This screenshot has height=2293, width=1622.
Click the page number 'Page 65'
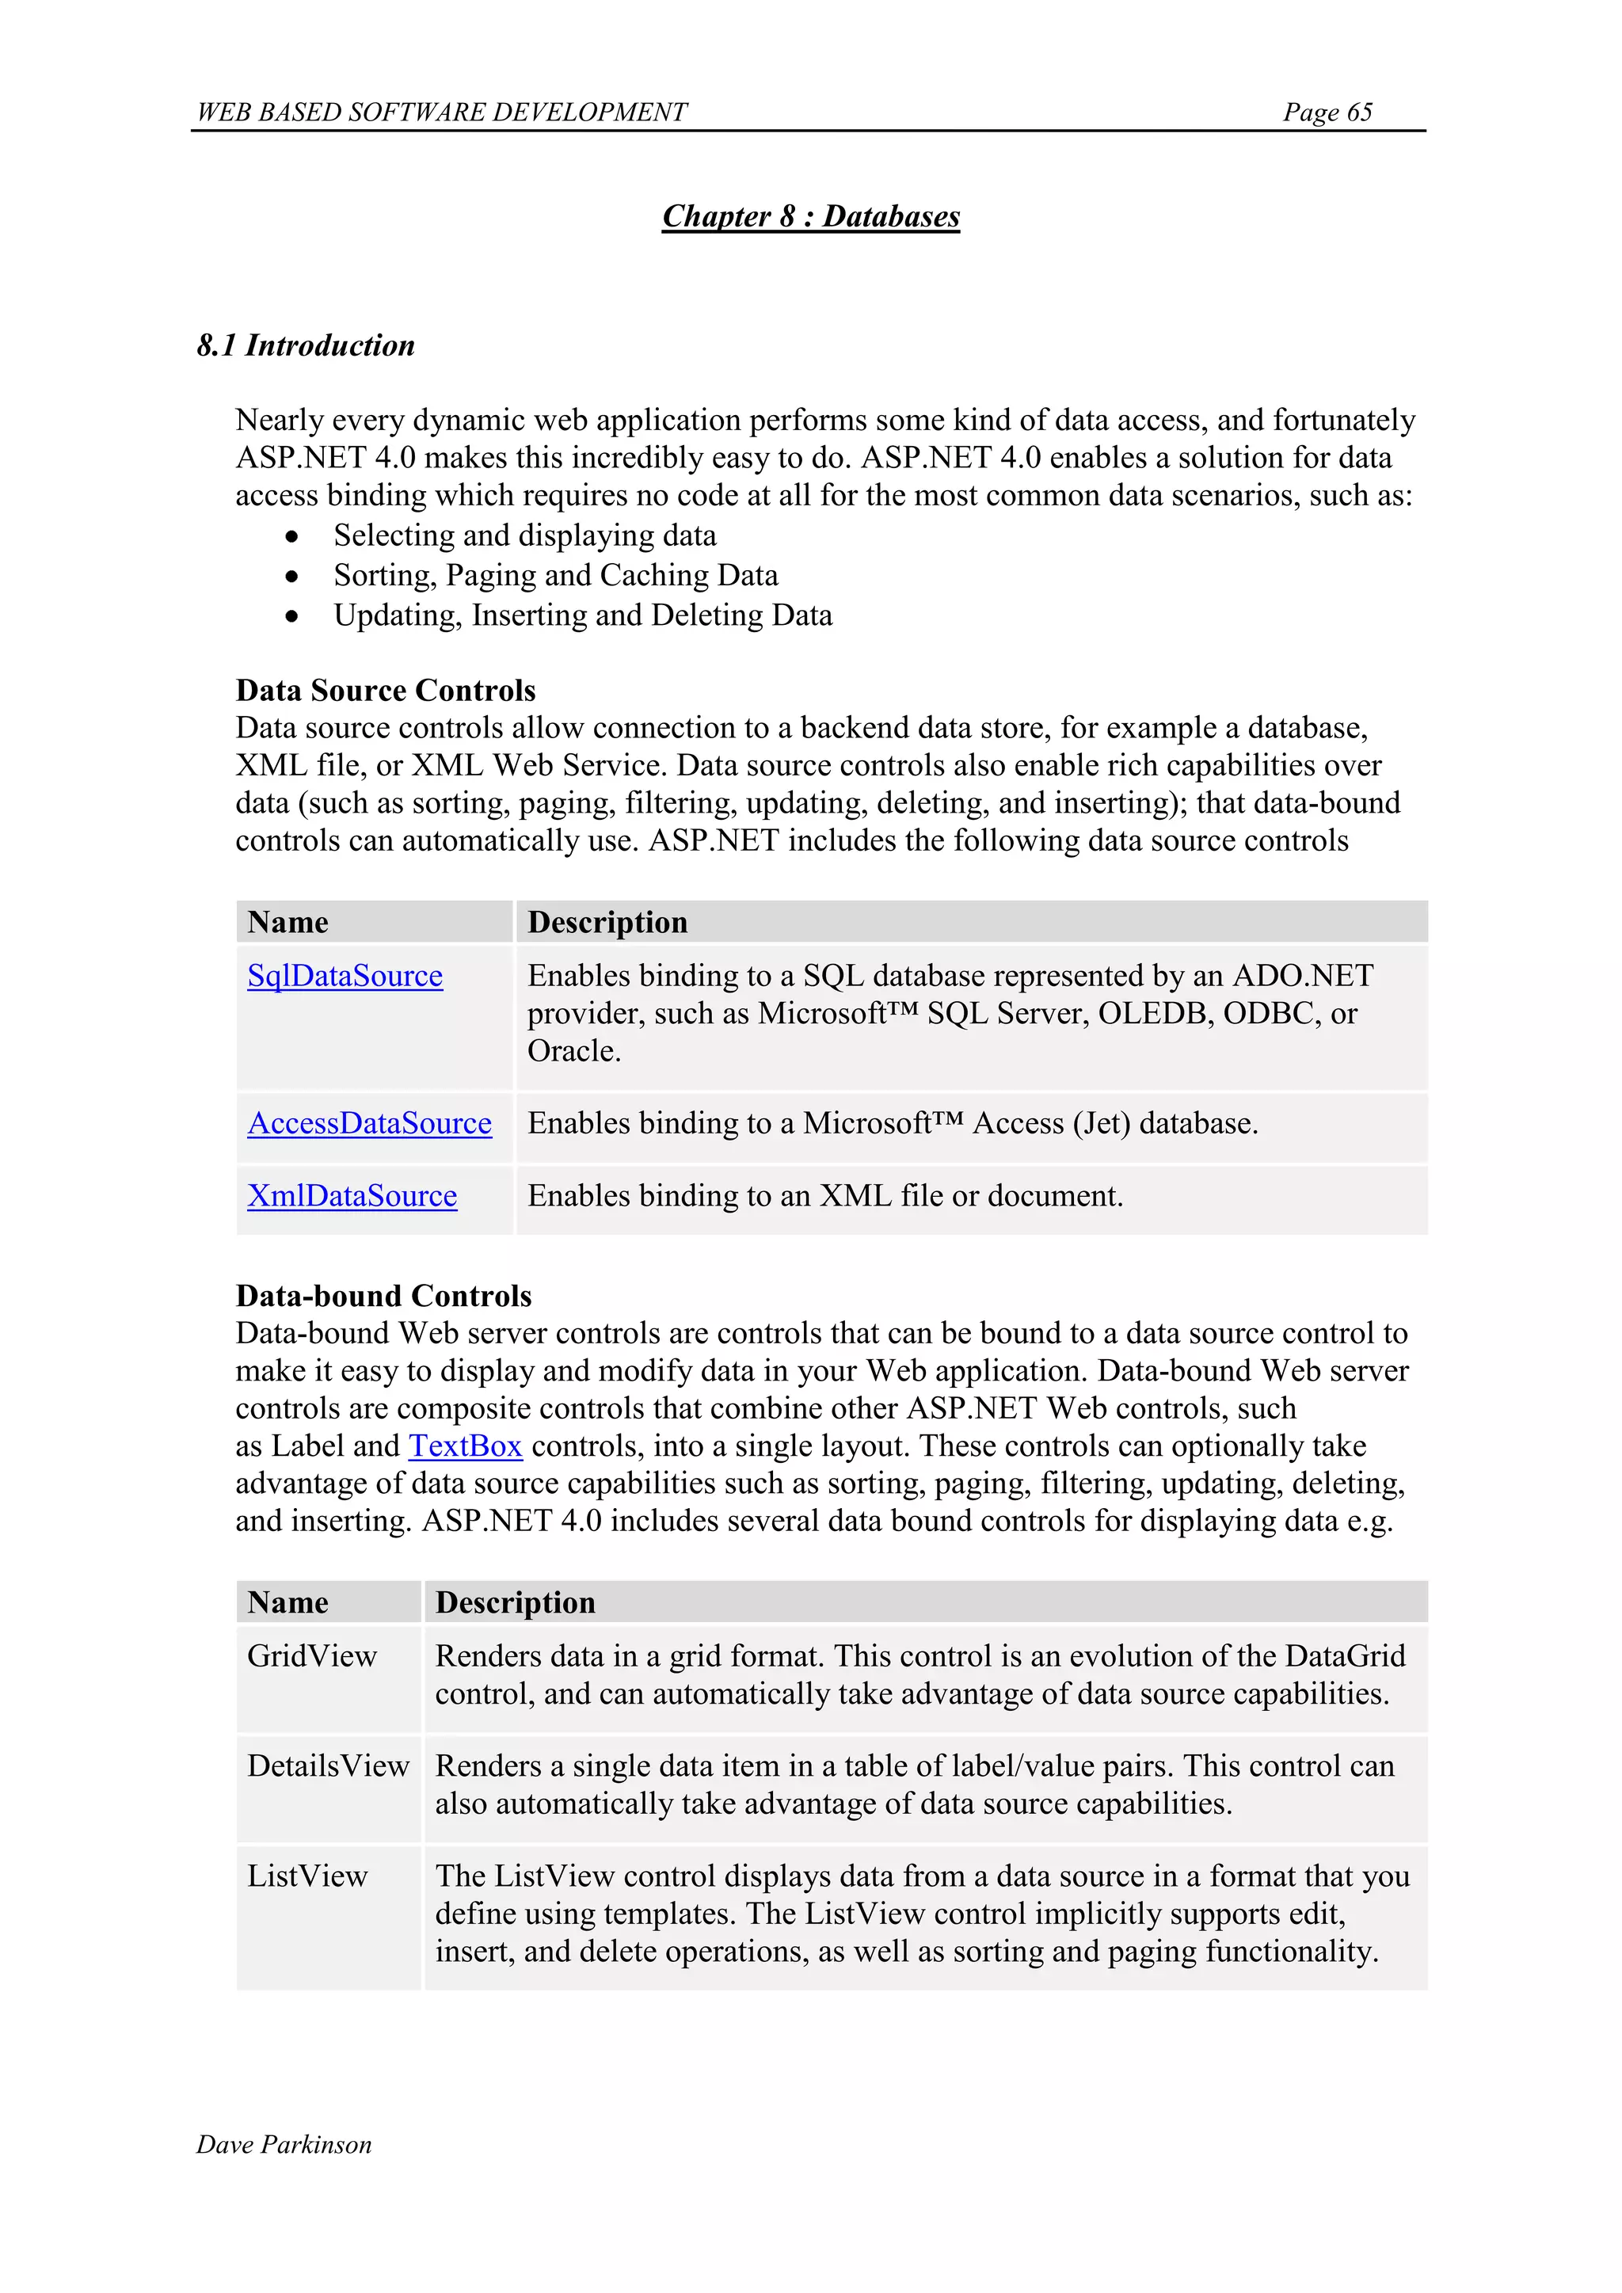tap(1327, 112)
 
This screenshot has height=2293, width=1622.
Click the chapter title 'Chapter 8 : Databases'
tap(810, 217)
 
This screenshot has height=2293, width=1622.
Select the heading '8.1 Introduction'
tap(306, 345)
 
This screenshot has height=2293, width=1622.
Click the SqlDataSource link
tap(345, 976)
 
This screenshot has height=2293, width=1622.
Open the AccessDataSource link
tap(370, 1123)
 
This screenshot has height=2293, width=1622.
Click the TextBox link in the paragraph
tap(466, 1446)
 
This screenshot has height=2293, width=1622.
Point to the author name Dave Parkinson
tap(284, 2144)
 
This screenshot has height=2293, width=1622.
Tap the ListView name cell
tap(307, 1876)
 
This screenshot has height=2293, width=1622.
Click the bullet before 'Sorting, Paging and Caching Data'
tap(291, 577)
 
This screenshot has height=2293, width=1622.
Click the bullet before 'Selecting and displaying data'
tap(291, 537)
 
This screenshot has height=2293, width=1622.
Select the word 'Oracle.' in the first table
tap(573, 1052)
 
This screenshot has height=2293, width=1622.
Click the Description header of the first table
tap(607, 922)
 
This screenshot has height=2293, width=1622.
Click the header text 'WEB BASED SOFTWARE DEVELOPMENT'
tap(441, 112)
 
